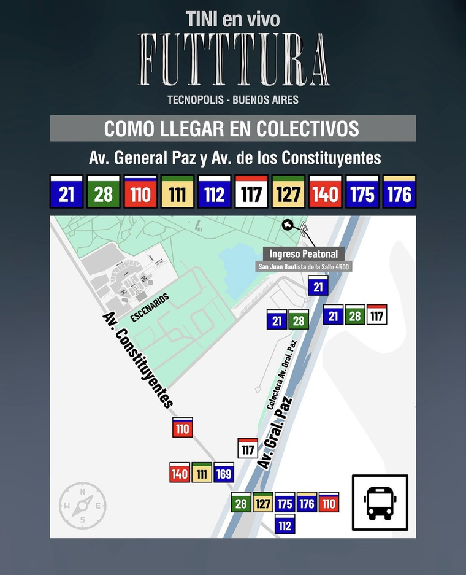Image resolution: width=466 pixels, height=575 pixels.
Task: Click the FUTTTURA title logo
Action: (233, 60)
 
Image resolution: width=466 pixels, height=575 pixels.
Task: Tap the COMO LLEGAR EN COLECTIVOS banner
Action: (232, 129)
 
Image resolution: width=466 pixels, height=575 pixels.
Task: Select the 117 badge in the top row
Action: (251, 192)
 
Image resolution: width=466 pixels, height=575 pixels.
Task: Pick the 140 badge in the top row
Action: (325, 192)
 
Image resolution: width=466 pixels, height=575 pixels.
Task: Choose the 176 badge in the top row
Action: (399, 192)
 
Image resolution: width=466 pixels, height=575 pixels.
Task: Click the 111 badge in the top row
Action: (177, 192)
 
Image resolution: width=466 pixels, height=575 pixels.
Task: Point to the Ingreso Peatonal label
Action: (304, 254)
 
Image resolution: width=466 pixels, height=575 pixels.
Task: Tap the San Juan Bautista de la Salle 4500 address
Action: (305, 267)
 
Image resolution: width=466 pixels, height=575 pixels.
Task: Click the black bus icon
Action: (380, 503)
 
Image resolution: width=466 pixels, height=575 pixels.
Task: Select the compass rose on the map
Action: (82, 506)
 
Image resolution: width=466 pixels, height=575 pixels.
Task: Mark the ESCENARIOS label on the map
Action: (149, 307)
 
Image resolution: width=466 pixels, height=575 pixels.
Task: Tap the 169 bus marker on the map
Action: (224, 473)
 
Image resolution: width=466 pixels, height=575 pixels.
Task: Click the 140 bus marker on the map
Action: (180, 473)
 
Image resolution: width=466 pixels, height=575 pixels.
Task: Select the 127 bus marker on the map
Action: (263, 503)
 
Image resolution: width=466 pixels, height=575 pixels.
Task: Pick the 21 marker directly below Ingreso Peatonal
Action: (318, 286)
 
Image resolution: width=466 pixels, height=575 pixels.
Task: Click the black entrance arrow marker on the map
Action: (287, 225)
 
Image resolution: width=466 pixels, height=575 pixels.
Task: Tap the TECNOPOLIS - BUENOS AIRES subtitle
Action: (233, 99)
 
